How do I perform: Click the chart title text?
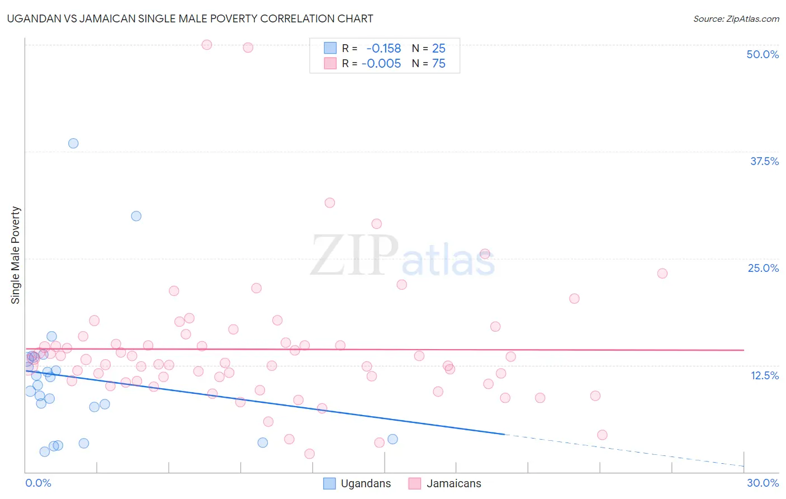tap(190, 18)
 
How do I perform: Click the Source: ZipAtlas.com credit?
tap(736, 18)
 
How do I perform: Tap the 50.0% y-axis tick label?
tap(763, 54)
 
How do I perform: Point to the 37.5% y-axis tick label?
tap(764, 161)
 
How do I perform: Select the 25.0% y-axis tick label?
tap(763, 268)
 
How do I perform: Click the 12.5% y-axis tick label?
tap(764, 375)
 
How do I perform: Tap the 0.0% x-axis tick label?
tap(38, 483)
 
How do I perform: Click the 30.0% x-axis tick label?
tap(763, 483)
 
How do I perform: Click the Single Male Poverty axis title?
tap(16, 255)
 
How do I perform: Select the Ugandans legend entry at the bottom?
tap(358, 483)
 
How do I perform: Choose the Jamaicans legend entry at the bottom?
tap(445, 483)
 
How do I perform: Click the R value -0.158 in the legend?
tap(383, 48)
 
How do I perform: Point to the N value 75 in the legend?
tap(439, 64)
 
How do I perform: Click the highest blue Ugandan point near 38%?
tap(73, 143)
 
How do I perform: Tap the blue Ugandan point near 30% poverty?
tap(136, 216)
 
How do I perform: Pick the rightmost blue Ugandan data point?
tap(392, 439)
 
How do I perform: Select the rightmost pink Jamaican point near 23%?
tap(662, 274)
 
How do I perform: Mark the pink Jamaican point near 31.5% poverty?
tap(330, 203)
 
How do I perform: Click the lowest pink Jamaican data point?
tap(310, 454)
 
